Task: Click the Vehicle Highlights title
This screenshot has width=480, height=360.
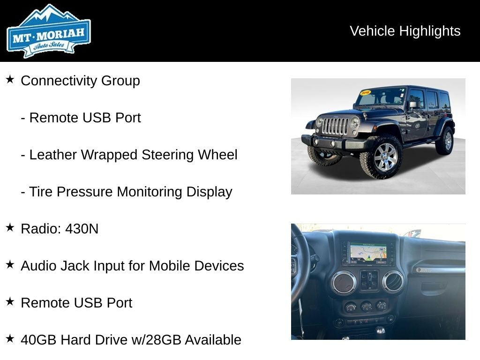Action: click(405, 31)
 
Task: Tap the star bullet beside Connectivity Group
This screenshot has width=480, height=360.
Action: click(10, 80)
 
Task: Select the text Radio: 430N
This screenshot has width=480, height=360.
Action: click(60, 229)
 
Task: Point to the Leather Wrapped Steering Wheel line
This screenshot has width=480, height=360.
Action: click(129, 155)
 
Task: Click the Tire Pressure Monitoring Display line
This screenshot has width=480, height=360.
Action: click(127, 192)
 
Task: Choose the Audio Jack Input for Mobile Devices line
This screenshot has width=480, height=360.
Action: click(132, 266)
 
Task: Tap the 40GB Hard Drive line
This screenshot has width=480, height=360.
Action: click(131, 340)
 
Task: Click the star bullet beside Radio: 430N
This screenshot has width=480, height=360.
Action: click(10, 228)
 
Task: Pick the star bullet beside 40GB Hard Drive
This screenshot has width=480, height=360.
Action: click(10, 339)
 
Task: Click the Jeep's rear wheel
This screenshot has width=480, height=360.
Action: click(445, 140)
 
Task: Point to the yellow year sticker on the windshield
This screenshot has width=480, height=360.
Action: click(365, 93)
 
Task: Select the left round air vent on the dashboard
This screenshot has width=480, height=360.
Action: click(343, 283)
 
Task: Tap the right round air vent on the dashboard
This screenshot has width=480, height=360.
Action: click(393, 281)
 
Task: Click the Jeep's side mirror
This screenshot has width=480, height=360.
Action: click(413, 105)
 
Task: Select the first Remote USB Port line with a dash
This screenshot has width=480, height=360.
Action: click(81, 118)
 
